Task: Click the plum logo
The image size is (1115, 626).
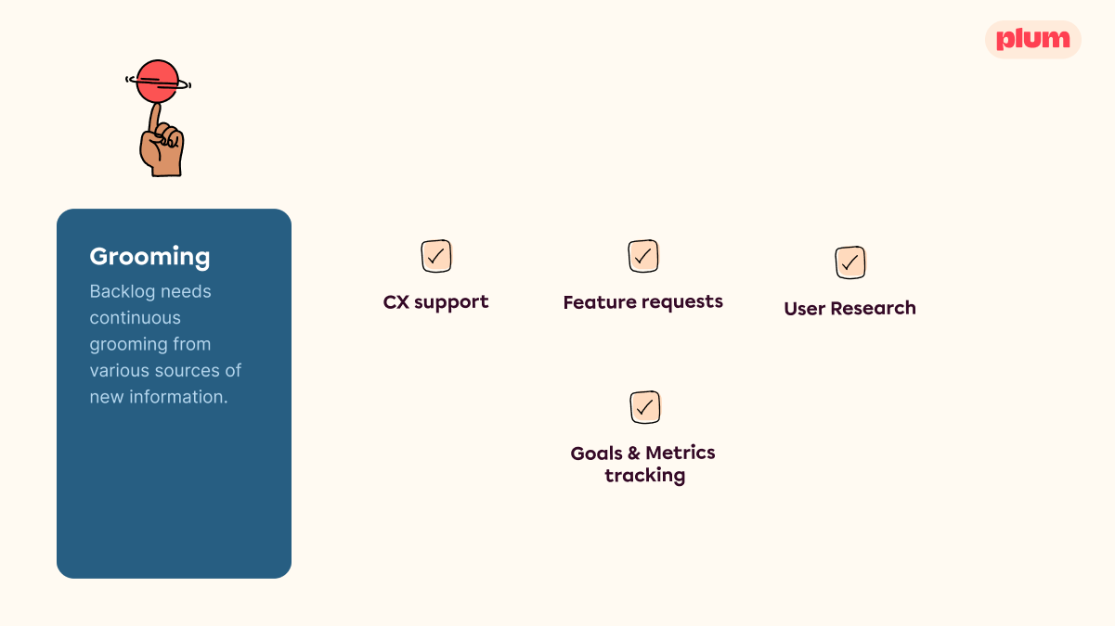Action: (x=1033, y=39)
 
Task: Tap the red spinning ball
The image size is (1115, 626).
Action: (x=158, y=81)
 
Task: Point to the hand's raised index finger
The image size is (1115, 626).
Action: (x=155, y=119)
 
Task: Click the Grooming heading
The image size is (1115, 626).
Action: (x=149, y=257)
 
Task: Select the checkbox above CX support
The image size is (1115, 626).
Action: (x=436, y=256)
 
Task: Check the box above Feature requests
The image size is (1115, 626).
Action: (x=643, y=256)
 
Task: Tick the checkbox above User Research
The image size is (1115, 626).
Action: (x=850, y=262)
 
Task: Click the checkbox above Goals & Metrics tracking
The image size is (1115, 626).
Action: (x=645, y=407)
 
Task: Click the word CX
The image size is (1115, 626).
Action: (x=396, y=301)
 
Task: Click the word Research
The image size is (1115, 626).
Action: (x=873, y=308)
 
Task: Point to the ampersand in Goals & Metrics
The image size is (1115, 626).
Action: (x=634, y=453)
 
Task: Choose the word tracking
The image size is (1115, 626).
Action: (x=645, y=476)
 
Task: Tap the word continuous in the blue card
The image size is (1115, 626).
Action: (x=135, y=318)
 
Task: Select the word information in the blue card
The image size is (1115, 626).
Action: (x=178, y=397)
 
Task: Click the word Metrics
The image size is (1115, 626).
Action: (x=681, y=453)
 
